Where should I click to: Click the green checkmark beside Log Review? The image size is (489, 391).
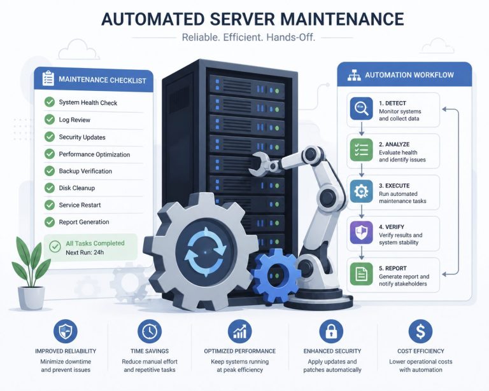coord(49,120)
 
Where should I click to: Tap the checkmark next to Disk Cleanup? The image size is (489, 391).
coord(49,188)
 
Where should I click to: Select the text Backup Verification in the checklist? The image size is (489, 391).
coord(85,171)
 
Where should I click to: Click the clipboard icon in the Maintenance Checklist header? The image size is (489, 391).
coord(48,78)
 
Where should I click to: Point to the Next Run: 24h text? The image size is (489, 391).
coord(85,252)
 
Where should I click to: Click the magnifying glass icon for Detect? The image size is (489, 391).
coord(361,109)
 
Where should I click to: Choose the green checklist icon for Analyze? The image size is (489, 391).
coord(361,150)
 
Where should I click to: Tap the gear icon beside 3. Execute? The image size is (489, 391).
coord(361,191)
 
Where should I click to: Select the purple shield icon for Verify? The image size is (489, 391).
coord(361,233)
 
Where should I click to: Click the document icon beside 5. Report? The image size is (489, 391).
coord(361,273)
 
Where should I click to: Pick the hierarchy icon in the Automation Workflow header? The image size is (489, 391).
coord(354,75)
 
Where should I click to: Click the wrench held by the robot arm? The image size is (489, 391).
coord(264,163)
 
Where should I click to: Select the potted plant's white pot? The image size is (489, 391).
coord(31,298)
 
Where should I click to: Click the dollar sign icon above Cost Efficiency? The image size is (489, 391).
coord(420,331)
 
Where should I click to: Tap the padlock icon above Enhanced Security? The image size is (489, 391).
coord(331,331)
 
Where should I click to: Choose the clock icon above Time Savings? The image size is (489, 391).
coord(150,331)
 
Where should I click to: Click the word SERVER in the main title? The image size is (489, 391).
coord(242,18)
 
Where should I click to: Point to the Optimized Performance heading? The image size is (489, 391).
coord(240,351)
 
